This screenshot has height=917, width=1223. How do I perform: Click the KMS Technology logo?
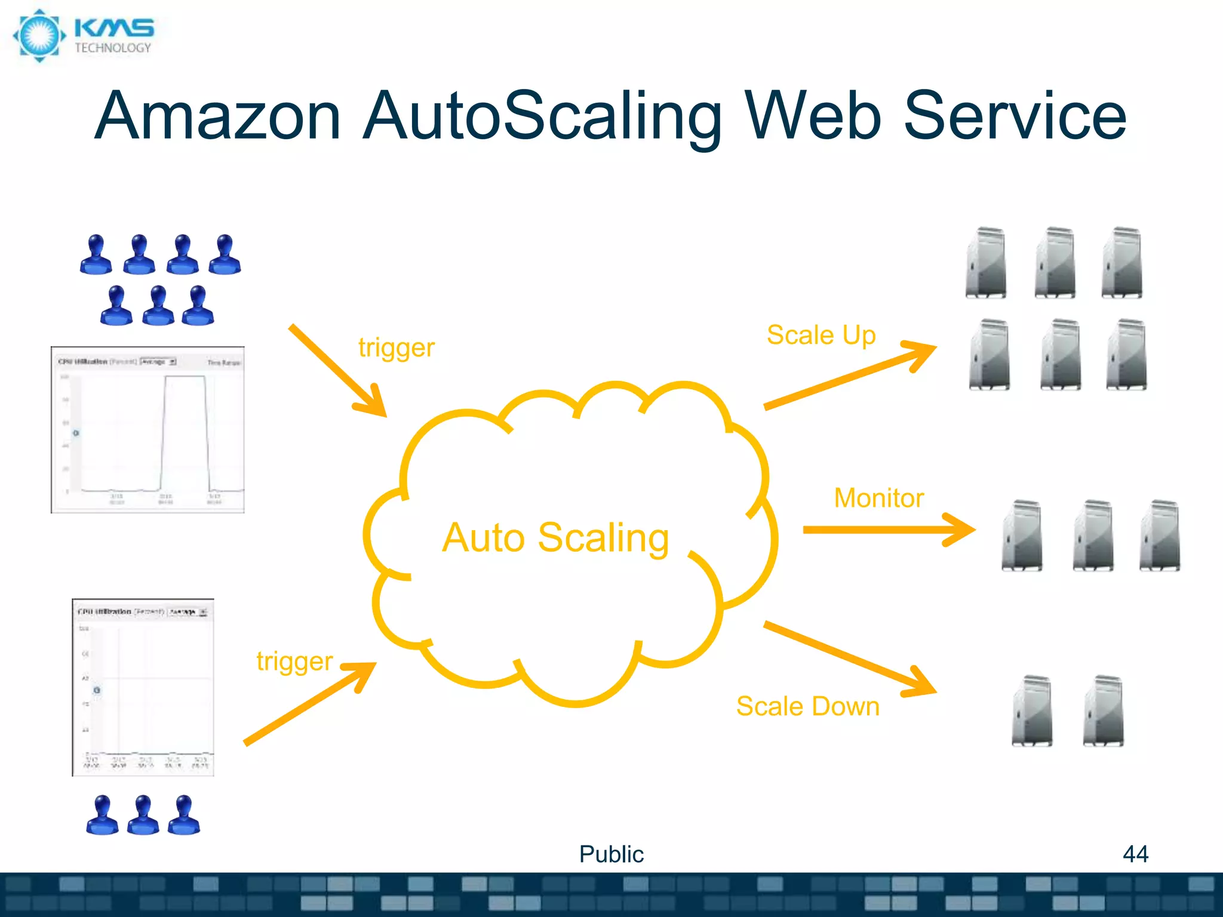[84, 36]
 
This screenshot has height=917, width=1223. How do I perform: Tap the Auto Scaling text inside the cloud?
[555, 537]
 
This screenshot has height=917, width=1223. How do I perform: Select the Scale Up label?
[821, 335]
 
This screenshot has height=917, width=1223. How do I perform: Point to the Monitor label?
[878, 498]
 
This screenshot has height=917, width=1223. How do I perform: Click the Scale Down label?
[807, 706]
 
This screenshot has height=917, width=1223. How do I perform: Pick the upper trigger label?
[396, 348]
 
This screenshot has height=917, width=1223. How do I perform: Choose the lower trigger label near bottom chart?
[294, 661]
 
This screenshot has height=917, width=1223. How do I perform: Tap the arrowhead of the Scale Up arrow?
[923, 353]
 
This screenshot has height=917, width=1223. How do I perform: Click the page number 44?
[1135, 854]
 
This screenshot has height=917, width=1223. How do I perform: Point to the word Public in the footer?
[611, 854]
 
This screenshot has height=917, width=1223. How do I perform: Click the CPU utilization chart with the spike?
[148, 430]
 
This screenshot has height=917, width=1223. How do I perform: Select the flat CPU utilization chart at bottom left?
[143, 687]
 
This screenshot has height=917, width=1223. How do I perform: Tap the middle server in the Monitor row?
[1092, 536]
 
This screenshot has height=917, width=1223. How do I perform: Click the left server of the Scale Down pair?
[1032, 710]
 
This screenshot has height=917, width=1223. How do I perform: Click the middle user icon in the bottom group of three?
[143, 815]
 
